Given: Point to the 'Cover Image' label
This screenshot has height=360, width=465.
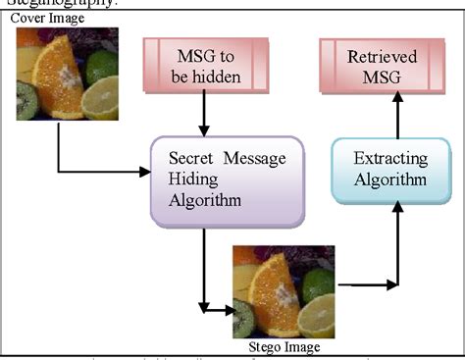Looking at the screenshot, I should [x=45, y=18].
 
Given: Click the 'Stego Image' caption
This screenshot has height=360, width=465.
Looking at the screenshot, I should [x=284, y=345].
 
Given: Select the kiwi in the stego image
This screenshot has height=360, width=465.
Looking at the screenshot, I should [x=243, y=318].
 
